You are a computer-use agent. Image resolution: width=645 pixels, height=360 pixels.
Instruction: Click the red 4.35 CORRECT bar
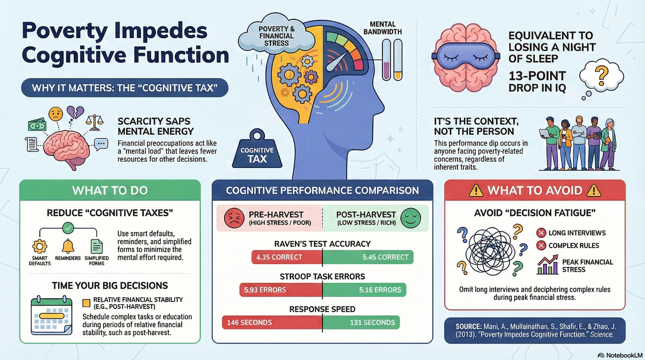(286, 257)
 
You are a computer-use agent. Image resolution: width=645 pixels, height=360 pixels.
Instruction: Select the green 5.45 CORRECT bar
(368, 257)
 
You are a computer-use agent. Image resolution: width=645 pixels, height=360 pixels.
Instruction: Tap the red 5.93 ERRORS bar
(281, 290)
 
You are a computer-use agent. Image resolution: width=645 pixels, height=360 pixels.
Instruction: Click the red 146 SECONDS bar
(271, 322)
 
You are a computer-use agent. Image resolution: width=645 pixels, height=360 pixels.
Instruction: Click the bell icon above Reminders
(68, 246)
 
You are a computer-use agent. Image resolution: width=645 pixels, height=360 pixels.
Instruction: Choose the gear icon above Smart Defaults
(40, 247)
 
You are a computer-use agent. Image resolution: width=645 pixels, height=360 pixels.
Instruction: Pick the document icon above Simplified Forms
(97, 247)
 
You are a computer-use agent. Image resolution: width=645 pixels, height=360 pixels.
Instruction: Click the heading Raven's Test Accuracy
(322, 243)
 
